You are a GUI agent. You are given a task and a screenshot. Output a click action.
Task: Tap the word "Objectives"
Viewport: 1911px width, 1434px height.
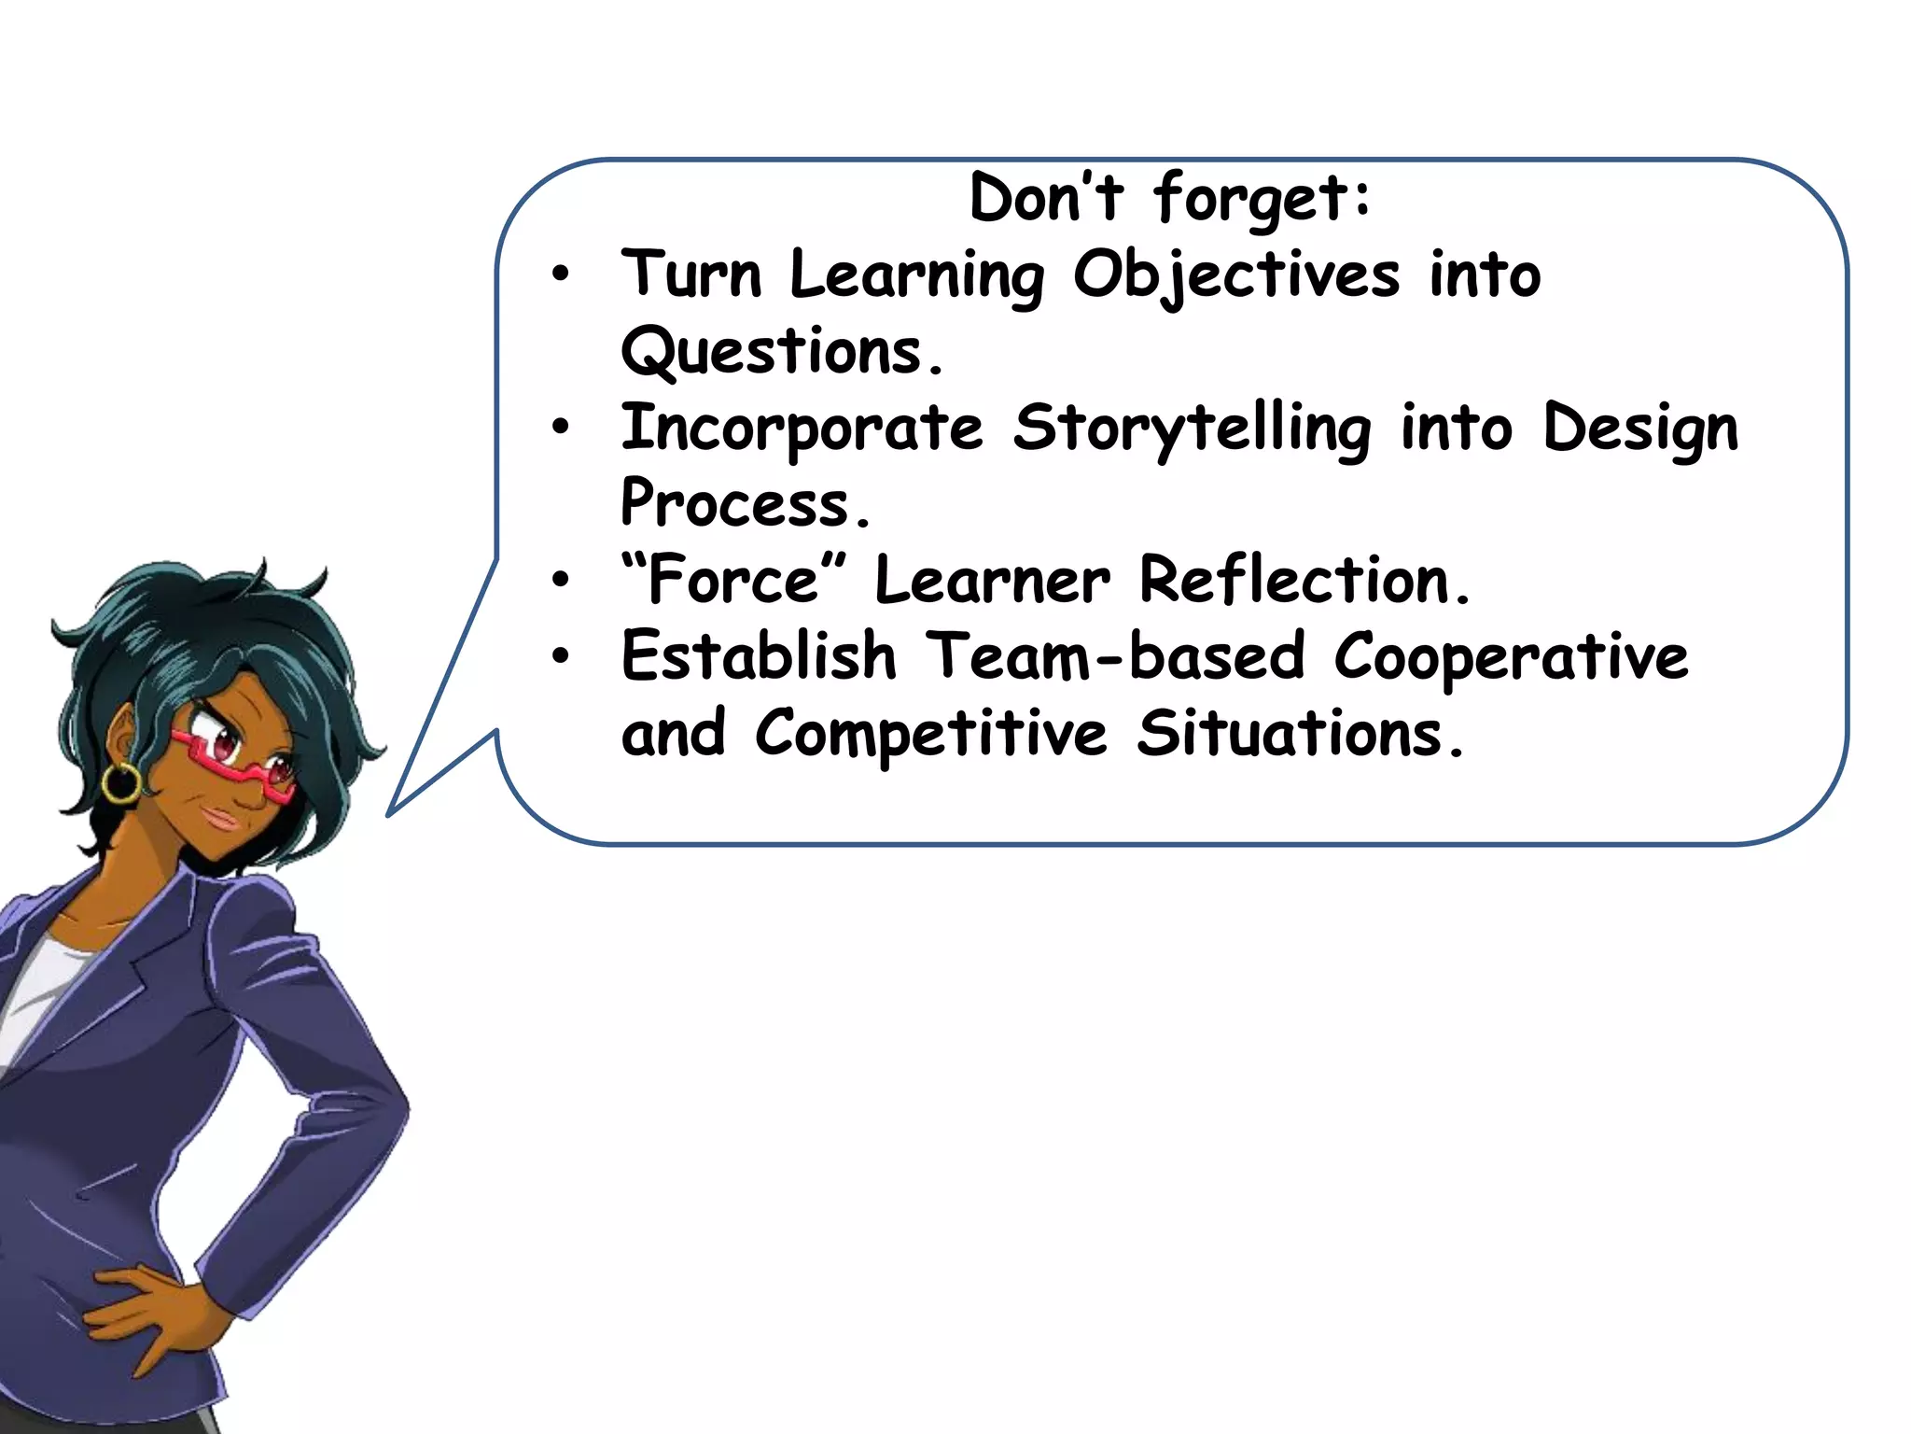tap(1236, 275)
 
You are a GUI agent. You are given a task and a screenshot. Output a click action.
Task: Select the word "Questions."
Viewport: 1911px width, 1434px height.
tap(782, 352)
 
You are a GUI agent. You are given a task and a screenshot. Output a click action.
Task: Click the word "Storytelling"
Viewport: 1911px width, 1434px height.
tap(1192, 429)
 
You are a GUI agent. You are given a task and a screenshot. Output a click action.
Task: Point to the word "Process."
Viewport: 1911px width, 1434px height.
tap(745, 504)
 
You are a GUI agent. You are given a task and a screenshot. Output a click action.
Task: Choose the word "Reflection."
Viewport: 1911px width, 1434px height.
tap(1304, 580)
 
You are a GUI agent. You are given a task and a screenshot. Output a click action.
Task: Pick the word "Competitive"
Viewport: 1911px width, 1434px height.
tap(930, 734)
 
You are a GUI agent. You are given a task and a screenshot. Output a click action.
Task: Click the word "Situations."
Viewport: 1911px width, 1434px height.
tap(1300, 734)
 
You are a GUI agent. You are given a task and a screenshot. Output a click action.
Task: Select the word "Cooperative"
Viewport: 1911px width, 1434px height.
tap(1511, 656)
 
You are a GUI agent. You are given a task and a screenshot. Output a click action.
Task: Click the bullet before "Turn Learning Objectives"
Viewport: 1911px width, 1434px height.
tap(560, 274)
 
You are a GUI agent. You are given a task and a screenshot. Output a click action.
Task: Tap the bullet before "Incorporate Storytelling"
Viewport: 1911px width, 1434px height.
tap(560, 428)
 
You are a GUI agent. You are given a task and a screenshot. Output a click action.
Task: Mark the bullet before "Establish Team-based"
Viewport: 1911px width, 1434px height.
tap(560, 656)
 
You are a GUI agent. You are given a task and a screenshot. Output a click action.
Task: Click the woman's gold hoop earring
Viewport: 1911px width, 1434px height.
tap(120, 782)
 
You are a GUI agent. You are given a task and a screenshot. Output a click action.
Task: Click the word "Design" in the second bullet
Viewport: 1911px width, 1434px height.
tap(1639, 429)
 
